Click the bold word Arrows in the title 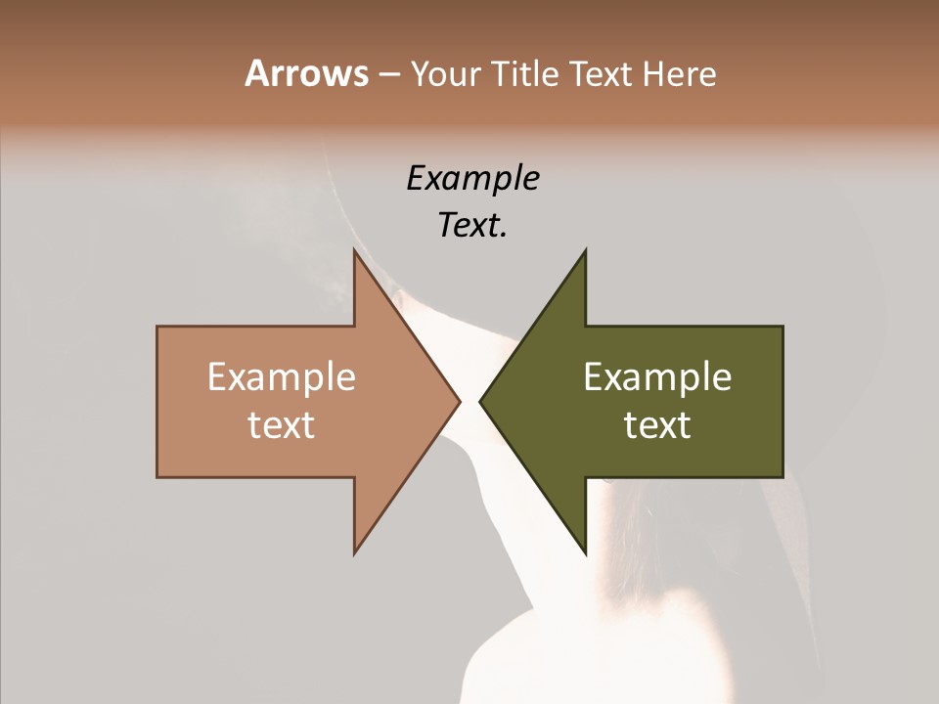tap(306, 74)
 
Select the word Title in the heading tap(525, 74)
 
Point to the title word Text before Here tap(602, 74)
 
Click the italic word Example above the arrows tap(472, 179)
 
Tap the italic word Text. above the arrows tap(472, 226)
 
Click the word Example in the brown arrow tap(281, 376)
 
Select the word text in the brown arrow tap(281, 425)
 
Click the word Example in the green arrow tap(657, 376)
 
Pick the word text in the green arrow tap(657, 425)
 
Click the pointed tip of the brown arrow tap(460, 401)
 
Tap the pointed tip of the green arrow tap(480, 401)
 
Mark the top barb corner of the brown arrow tap(354, 250)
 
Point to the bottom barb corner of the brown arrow tap(354, 553)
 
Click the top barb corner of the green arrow tap(585, 250)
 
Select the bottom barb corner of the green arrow tap(585, 553)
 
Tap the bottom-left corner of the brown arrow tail tap(157, 477)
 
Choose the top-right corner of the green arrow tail tap(782, 327)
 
